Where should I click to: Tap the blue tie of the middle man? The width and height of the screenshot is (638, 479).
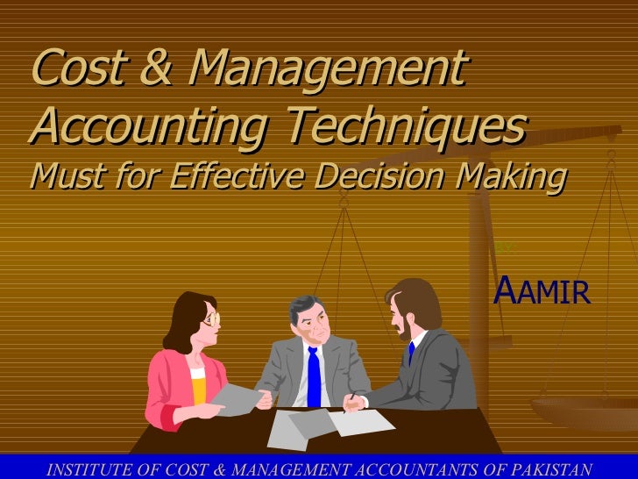tap(313, 377)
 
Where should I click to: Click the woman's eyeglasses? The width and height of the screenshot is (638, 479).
tap(210, 318)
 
